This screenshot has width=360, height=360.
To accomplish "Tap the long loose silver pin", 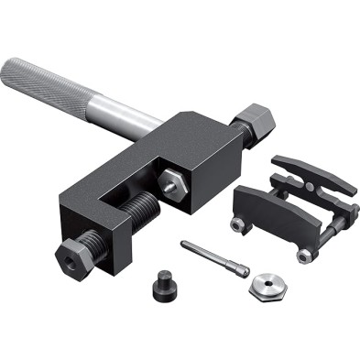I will click(211, 255).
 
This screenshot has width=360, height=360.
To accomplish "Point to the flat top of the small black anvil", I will click(165, 276).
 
